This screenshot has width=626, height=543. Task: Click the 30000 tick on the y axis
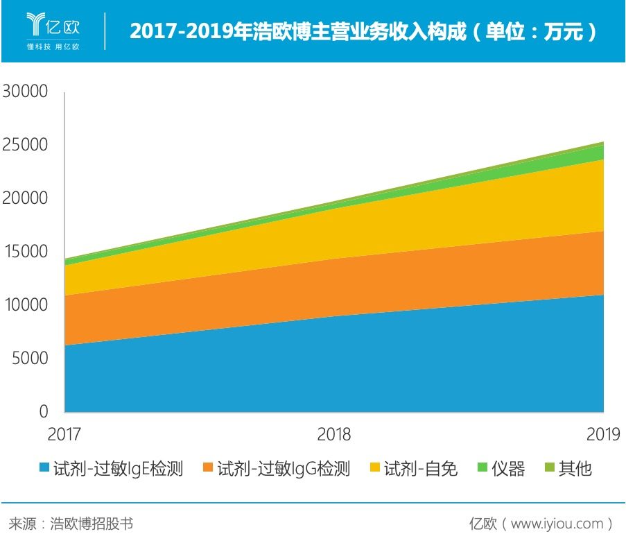(25, 92)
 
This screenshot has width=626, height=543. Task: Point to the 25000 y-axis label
(25, 145)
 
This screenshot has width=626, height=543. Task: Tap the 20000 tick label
(25, 198)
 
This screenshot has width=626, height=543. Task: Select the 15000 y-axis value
(25, 252)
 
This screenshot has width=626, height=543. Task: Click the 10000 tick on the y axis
(25, 305)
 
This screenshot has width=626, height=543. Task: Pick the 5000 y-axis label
(28, 359)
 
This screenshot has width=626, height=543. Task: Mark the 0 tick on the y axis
(43, 412)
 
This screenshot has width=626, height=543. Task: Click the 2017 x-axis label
(64, 435)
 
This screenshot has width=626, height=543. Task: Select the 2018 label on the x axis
(333, 435)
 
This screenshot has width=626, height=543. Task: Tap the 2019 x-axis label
(602, 435)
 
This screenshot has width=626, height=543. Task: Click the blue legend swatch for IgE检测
(44, 469)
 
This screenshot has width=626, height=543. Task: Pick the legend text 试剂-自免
(421, 469)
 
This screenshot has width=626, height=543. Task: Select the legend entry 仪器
(508, 469)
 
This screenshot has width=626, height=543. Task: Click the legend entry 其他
(575, 469)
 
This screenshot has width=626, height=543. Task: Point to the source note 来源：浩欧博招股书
(70, 523)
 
